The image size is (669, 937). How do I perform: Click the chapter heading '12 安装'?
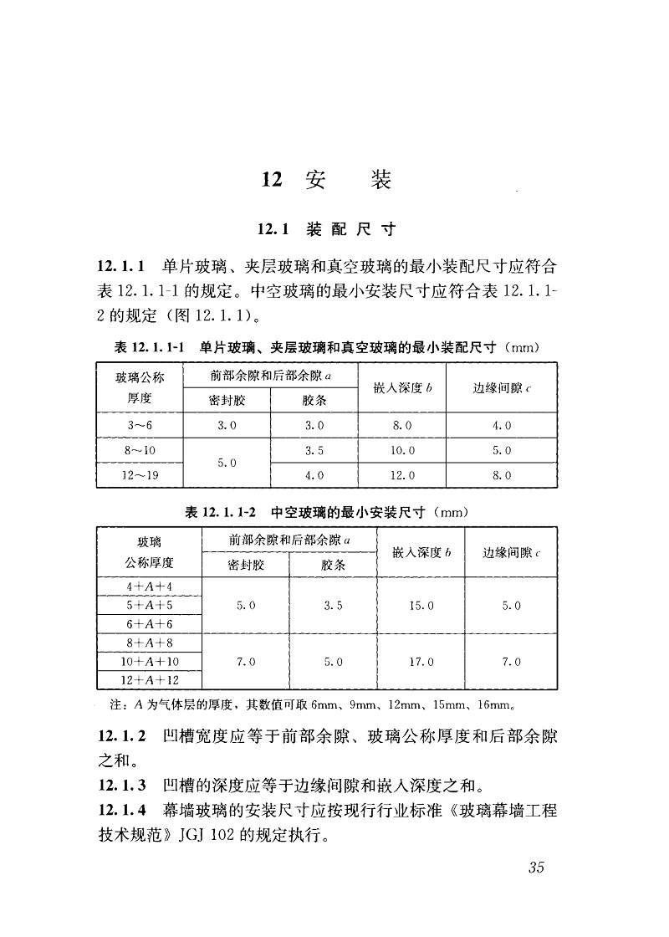click(x=326, y=180)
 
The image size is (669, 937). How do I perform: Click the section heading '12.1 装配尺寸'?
click(x=326, y=228)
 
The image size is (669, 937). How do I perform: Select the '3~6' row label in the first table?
click(x=140, y=425)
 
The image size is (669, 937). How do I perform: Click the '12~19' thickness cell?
click(x=140, y=475)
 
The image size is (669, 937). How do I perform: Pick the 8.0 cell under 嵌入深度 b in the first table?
click(x=402, y=425)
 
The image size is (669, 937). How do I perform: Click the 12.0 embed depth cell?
click(x=402, y=475)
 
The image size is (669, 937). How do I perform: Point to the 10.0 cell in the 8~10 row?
click(x=402, y=450)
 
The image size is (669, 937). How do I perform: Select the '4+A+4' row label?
click(x=150, y=586)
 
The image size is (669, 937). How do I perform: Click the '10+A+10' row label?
click(x=150, y=661)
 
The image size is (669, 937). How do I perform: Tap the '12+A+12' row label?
click(x=150, y=679)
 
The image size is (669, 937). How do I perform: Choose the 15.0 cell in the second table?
click(x=421, y=605)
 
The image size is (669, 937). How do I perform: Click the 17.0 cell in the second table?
click(x=421, y=661)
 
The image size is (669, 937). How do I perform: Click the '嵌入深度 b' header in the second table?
click(x=421, y=553)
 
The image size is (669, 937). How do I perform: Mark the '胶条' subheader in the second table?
click(x=332, y=565)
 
